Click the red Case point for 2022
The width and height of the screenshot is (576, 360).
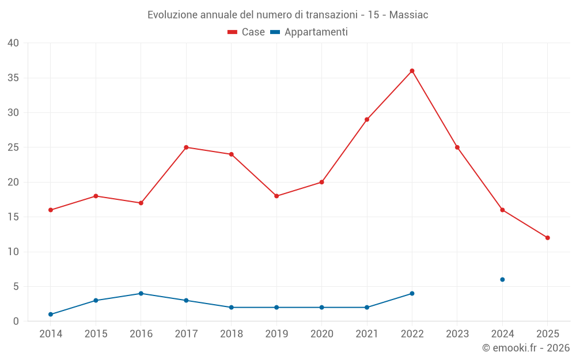pos(412,71)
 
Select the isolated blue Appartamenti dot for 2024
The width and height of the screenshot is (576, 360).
pos(502,279)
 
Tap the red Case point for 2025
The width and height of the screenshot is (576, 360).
pos(547,238)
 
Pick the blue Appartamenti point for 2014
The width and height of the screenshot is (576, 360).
pos(51,314)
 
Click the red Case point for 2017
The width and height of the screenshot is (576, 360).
pos(186,147)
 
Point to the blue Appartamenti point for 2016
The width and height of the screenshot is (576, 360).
pos(141,293)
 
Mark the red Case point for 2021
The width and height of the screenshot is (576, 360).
pos(367,119)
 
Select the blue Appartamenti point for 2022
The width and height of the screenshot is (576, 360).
pos(412,293)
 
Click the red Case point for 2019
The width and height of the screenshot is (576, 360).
pos(276,196)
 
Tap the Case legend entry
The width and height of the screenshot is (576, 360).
pos(247,32)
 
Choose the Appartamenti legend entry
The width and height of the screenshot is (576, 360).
pos(309,32)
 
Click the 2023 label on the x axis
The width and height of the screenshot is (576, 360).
pos(457,334)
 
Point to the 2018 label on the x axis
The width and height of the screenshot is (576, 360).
pos(232,334)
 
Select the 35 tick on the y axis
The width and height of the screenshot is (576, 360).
pos(13,78)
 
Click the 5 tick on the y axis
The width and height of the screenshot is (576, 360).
pos(16,286)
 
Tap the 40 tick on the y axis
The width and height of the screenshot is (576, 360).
pos(13,43)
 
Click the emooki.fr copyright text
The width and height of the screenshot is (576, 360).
pos(526,348)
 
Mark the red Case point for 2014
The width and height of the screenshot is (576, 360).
pos(51,210)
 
